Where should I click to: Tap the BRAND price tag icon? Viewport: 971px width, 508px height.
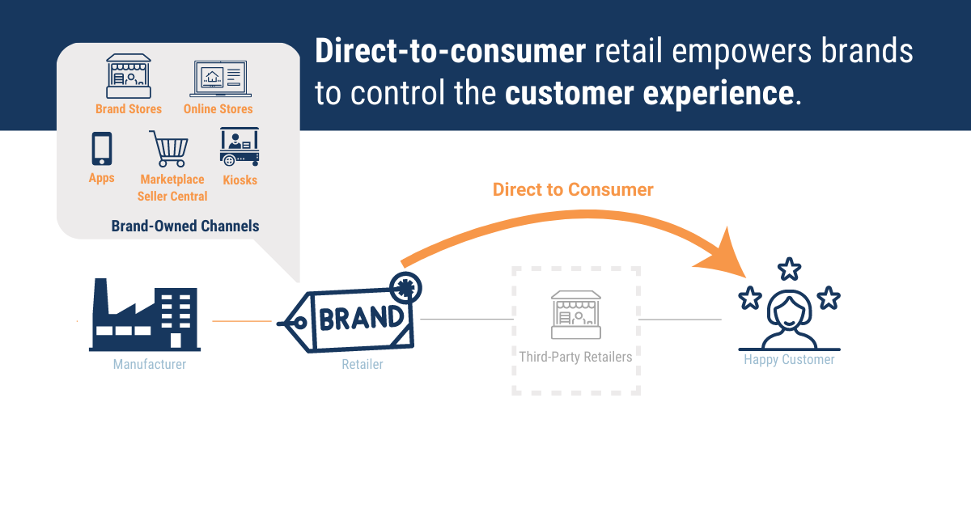click(x=352, y=317)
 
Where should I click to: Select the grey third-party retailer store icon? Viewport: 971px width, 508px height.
click(x=575, y=315)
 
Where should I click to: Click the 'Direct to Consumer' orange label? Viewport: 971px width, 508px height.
click(x=573, y=189)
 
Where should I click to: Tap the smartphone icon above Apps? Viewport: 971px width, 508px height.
click(x=101, y=149)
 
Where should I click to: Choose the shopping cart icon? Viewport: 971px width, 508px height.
click(x=170, y=149)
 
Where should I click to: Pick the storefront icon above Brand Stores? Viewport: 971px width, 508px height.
click(x=129, y=77)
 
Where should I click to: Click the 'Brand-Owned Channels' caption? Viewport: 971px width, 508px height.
click(x=185, y=226)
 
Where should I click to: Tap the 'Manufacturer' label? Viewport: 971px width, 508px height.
click(x=150, y=364)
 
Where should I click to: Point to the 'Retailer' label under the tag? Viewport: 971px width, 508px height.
click(x=363, y=364)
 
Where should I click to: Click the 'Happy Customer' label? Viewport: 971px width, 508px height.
click(x=789, y=359)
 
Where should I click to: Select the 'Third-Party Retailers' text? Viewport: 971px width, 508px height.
click(x=575, y=356)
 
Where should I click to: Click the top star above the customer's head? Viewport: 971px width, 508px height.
click(x=789, y=269)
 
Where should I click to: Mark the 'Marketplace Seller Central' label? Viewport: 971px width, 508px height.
click(x=172, y=188)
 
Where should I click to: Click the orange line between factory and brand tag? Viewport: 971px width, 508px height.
click(x=242, y=321)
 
